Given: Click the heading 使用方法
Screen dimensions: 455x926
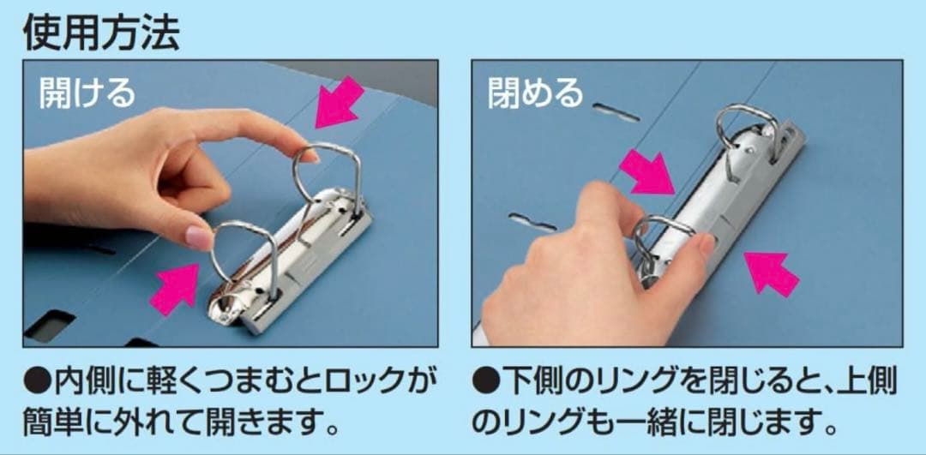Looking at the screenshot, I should click(101, 33).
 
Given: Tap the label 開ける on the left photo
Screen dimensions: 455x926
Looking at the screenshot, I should click(87, 93).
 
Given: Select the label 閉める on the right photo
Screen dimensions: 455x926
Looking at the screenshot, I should click(536, 93).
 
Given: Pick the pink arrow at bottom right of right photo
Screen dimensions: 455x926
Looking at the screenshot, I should click(771, 272).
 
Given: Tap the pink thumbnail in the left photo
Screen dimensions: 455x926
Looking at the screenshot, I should click(200, 238).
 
